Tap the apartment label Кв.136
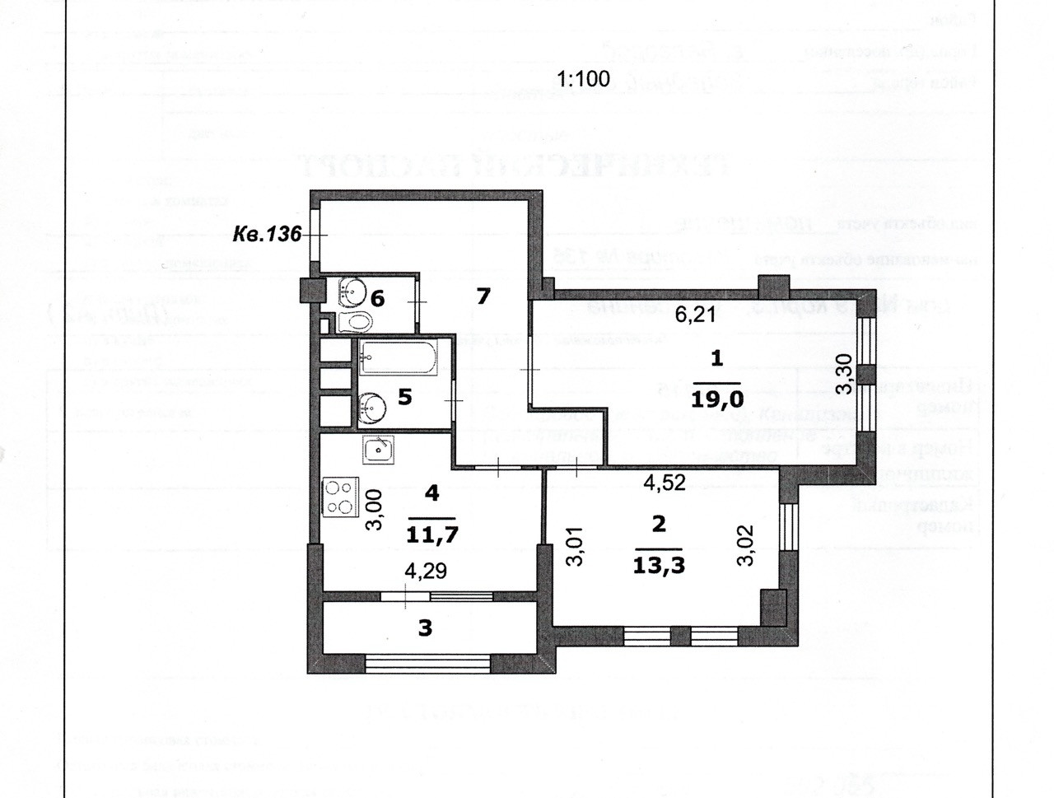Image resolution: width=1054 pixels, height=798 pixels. (x=267, y=234)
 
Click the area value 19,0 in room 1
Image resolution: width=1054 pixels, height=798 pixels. (x=718, y=399)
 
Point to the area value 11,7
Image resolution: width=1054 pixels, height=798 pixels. (x=432, y=534)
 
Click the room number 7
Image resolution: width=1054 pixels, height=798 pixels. (x=483, y=295)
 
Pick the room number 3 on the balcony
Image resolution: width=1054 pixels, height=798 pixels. (x=425, y=628)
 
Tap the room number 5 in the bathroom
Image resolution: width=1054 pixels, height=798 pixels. (x=404, y=397)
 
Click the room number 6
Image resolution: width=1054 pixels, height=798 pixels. (x=377, y=297)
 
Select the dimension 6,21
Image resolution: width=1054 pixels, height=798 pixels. (x=696, y=315)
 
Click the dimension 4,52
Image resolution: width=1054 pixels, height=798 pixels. (x=664, y=483)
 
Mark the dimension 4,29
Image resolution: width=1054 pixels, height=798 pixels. (x=425, y=570)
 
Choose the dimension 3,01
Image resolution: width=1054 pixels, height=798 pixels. (x=575, y=545)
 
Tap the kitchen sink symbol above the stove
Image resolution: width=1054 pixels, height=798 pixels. (x=379, y=449)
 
